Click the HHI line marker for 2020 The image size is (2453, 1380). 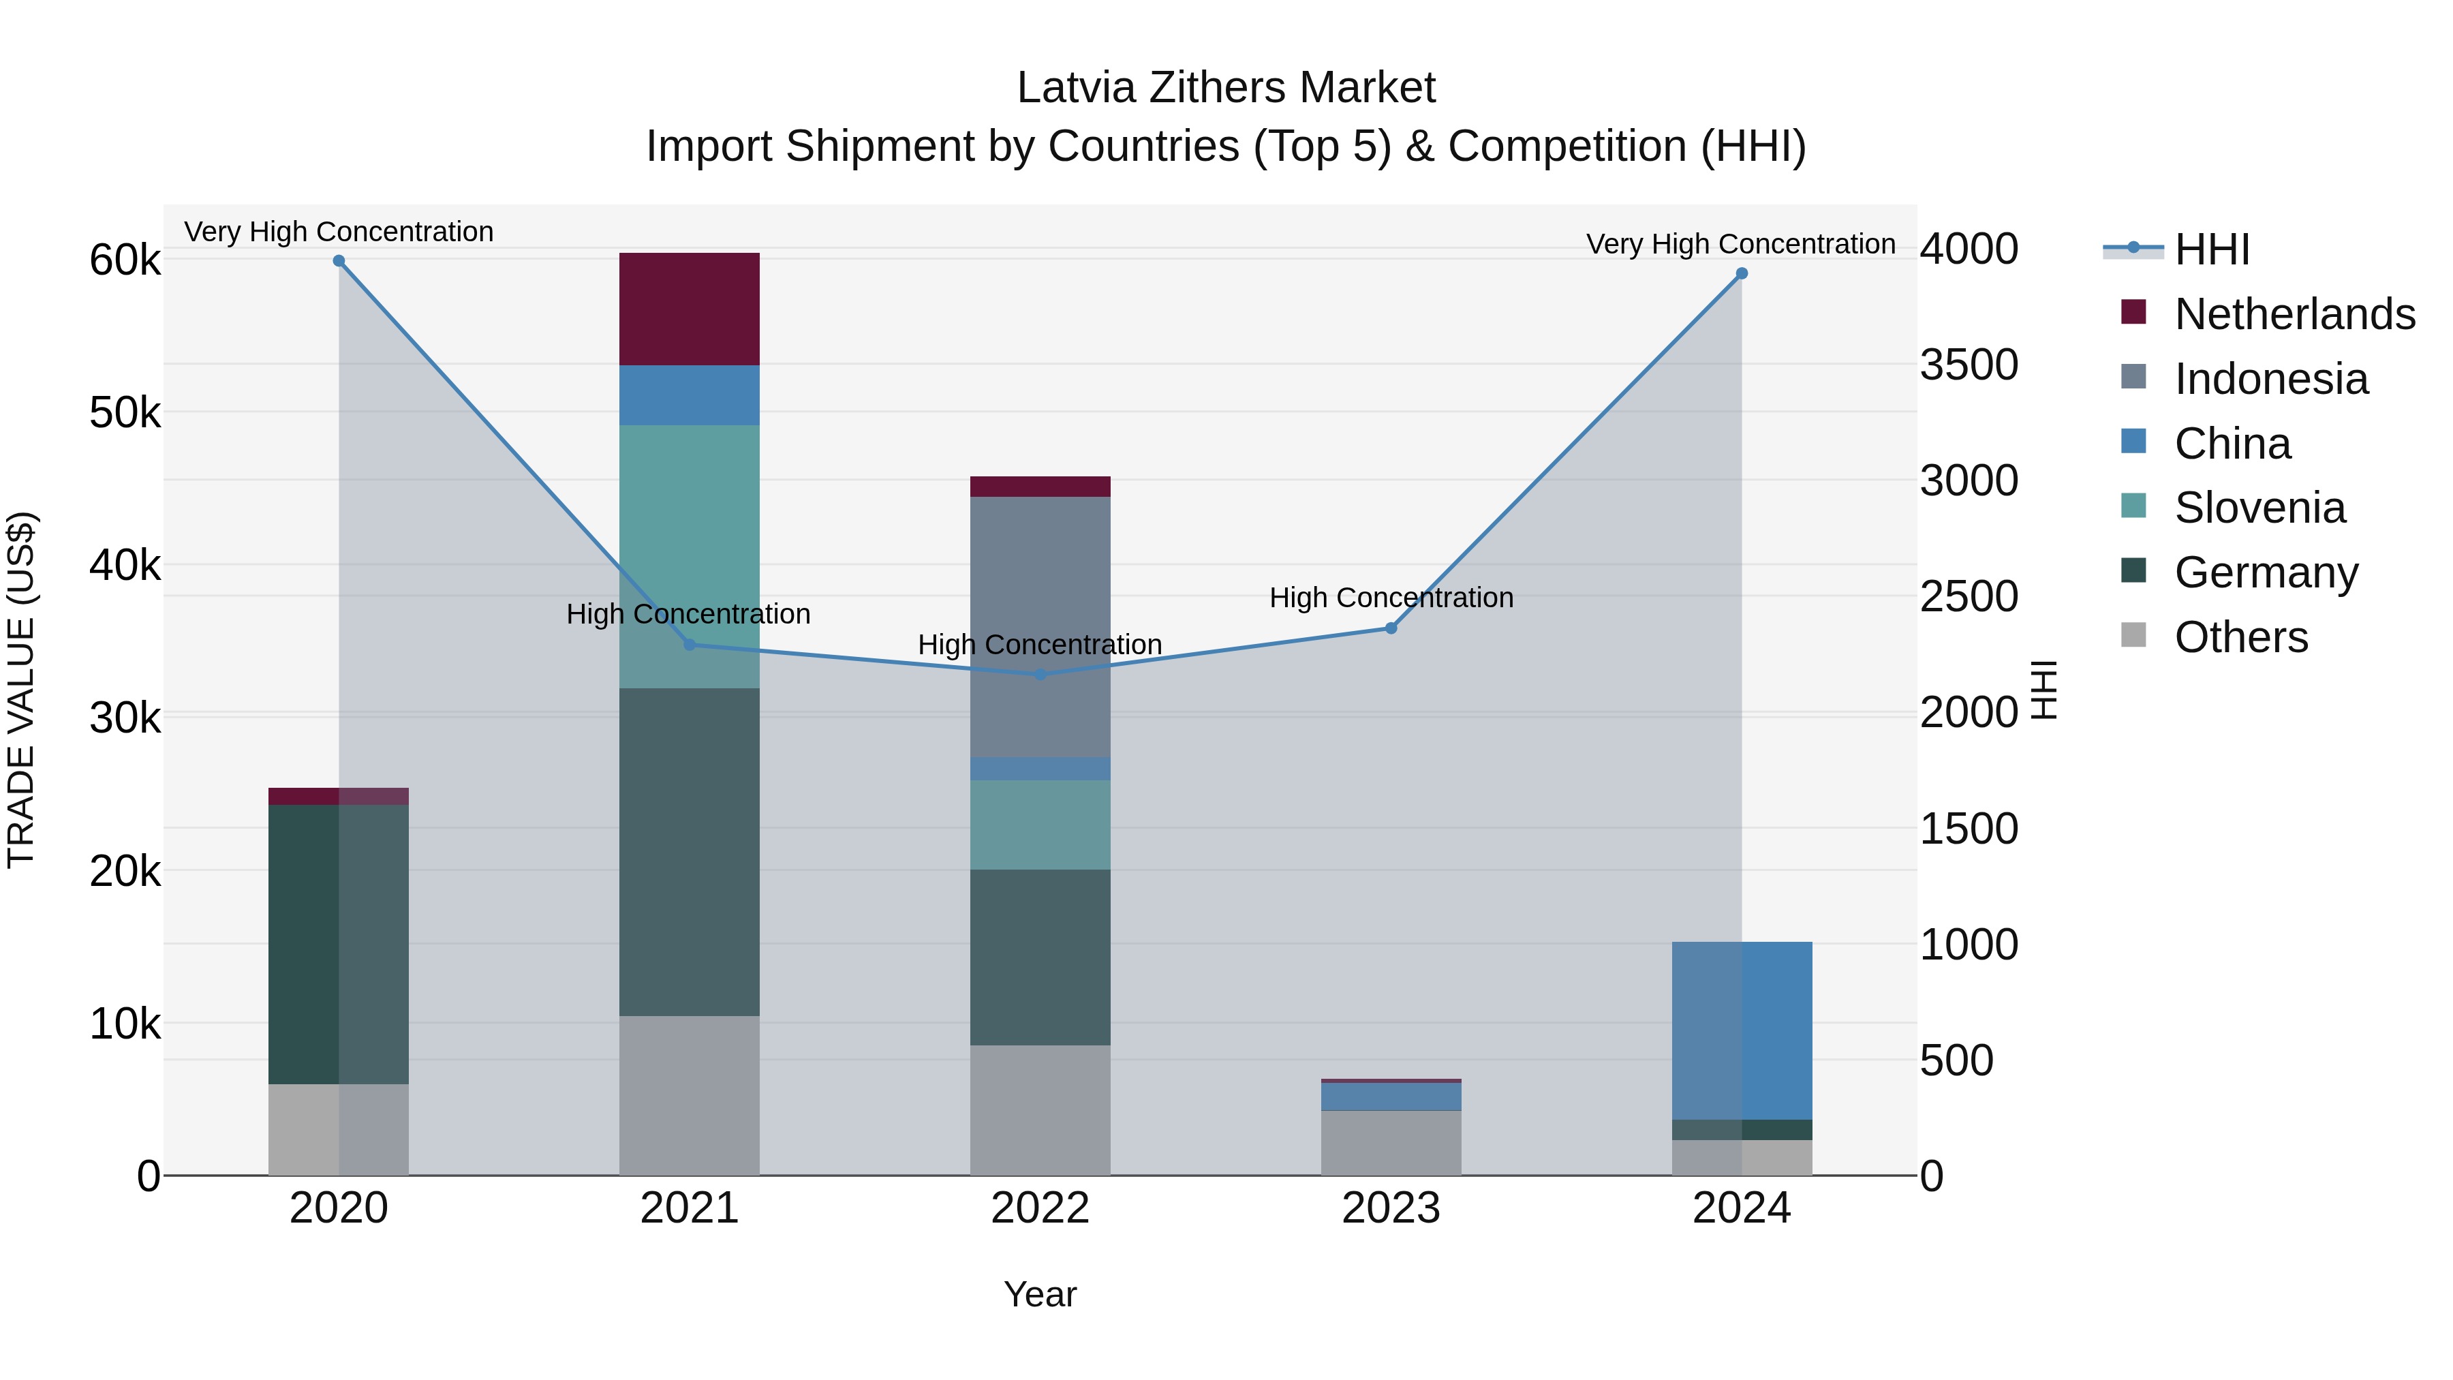click(339, 261)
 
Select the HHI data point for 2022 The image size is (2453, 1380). click(1040, 674)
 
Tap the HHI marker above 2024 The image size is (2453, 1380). click(1742, 273)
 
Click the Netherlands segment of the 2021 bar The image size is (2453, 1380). click(690, 309)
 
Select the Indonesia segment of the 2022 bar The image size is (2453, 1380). click(1040, 627)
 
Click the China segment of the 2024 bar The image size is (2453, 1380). click(1742, 1030)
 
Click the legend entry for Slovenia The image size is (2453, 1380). click(2259, 508)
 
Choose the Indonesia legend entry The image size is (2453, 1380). click(2270, 379)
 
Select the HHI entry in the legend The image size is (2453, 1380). click(2211, 249)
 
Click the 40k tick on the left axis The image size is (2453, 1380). click(125, 566)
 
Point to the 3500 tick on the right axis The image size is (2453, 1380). click(1969, 365)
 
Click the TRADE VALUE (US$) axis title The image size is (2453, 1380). click(21, 690)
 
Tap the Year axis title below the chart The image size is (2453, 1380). click(1040, 1294)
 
